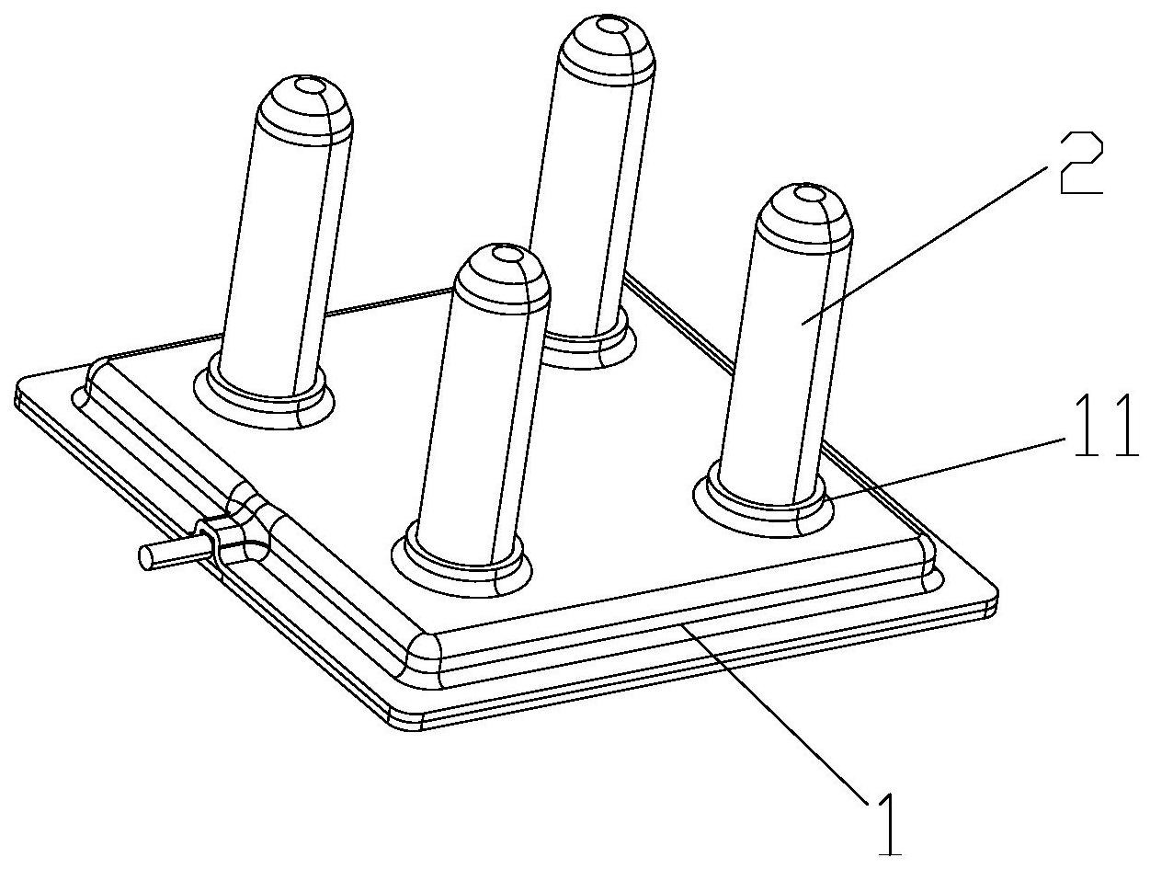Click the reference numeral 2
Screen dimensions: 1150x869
click(1080, 163)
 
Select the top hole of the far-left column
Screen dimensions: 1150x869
click(309, 85)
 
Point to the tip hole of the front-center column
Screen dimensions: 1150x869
click(507, 254)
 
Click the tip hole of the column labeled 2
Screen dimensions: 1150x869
click(810, 195)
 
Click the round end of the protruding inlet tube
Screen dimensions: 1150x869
click(145, 556)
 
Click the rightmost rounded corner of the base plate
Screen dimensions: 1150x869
click(992, 597)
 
